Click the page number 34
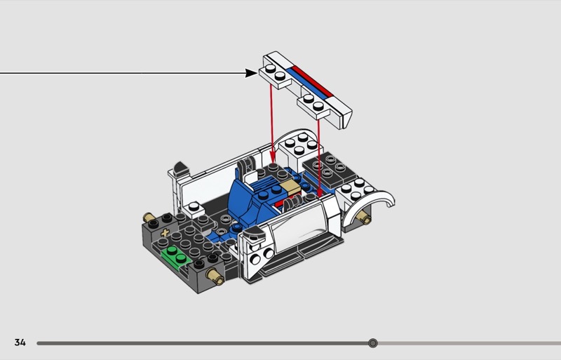[20, 342]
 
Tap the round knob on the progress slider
[373, 343]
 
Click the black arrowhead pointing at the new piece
[252, 72]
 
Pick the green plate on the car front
[177, 256]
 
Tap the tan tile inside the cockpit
[289, 187]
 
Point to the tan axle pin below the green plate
[217, 281]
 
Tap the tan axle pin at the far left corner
[149, 217]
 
